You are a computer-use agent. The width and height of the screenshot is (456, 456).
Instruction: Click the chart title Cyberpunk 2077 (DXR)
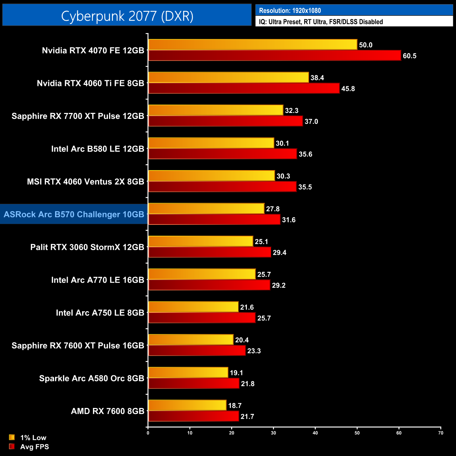click(x=127, y=16)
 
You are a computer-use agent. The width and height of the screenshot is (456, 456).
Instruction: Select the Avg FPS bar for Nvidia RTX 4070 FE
click(x=274, y=55)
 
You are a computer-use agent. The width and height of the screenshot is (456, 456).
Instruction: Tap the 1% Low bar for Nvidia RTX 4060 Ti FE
click(x=228, y=78)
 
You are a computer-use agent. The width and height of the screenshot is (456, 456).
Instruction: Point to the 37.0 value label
click(x=311, y=121)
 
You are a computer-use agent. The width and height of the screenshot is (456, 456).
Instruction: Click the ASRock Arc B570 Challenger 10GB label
click(x=74, y=214)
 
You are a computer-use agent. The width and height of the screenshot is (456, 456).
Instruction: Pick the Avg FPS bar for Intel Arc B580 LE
click(x=222, y=154)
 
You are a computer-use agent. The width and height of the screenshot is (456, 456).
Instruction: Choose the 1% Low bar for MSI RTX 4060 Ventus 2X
click(x=211, y=176)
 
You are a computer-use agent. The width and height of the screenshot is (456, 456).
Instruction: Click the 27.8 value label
click(x=273, y=209)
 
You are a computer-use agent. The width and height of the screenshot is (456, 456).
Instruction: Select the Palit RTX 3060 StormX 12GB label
click(x=87, y=247)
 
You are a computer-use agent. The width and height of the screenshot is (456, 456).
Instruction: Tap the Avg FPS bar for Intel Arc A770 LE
click(x=209, y=285)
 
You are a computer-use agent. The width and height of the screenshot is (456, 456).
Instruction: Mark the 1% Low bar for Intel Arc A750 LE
click(x=193, y=307)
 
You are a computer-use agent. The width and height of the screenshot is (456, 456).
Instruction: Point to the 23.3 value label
click(x=254, y=351)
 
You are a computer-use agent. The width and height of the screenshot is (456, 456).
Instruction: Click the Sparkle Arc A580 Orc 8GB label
click(x=92, y=378)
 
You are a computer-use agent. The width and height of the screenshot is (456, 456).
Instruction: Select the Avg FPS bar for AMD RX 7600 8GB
click(x=193, y=416)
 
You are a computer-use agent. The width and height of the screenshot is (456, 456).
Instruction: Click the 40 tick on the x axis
click(x=315, y=433)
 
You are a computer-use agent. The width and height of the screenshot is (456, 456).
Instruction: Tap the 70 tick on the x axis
click(x=441, y=433)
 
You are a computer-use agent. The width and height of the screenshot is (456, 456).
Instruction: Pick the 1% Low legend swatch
click(x=12, y=437)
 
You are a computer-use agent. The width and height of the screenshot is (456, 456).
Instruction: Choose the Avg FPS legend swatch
click(x=12, y=447)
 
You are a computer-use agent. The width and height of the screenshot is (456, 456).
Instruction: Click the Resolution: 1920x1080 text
click(x=290, y=11)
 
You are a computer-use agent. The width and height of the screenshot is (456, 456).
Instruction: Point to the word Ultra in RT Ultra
click(x=318, y=22)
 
